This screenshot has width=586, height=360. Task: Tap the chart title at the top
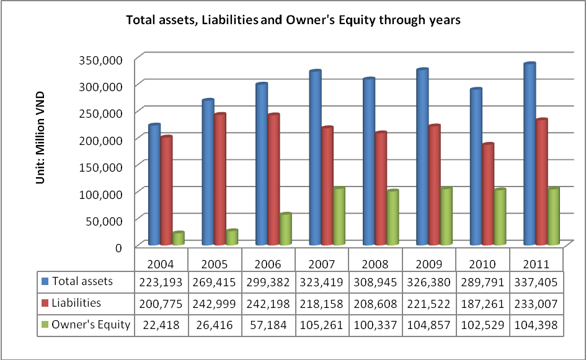(x=293, y=20)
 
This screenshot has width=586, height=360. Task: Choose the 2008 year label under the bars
(x=375, y=263)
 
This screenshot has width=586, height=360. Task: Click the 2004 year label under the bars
(x=161, y=263)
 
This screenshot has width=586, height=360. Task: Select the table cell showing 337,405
(x=536, y=281)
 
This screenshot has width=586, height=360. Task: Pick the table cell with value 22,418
(x=161, y=325)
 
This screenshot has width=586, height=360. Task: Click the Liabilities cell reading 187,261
(x=482, y=303)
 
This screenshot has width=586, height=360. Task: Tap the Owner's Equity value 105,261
(x=322, y=325)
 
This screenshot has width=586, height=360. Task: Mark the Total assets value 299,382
(x=268, y=281)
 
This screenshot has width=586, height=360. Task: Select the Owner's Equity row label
(x=91, y=325)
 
